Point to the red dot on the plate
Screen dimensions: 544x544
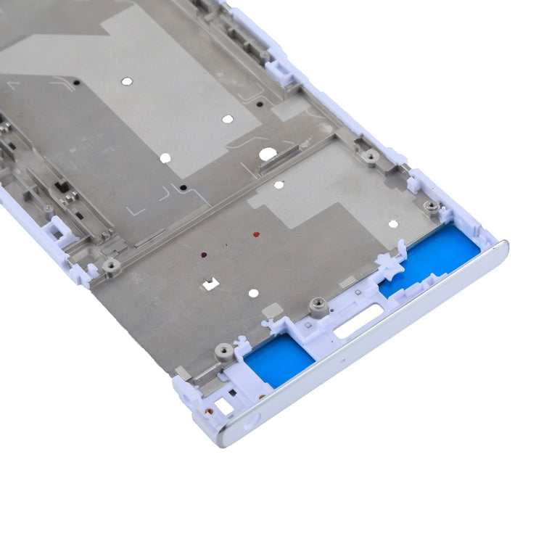pos(256,235)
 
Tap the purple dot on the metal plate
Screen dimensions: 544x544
pos(204,255)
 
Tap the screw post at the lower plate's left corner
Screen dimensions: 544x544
pos(111,265)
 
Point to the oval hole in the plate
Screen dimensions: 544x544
pos(268,154)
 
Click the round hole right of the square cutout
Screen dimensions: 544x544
pos(253,293)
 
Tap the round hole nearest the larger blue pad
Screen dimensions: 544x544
pos(393,224)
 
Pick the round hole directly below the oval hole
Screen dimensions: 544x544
pos(279,186)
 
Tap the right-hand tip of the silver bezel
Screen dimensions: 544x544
pos(506,247)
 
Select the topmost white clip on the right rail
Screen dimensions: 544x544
pos(279,69)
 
